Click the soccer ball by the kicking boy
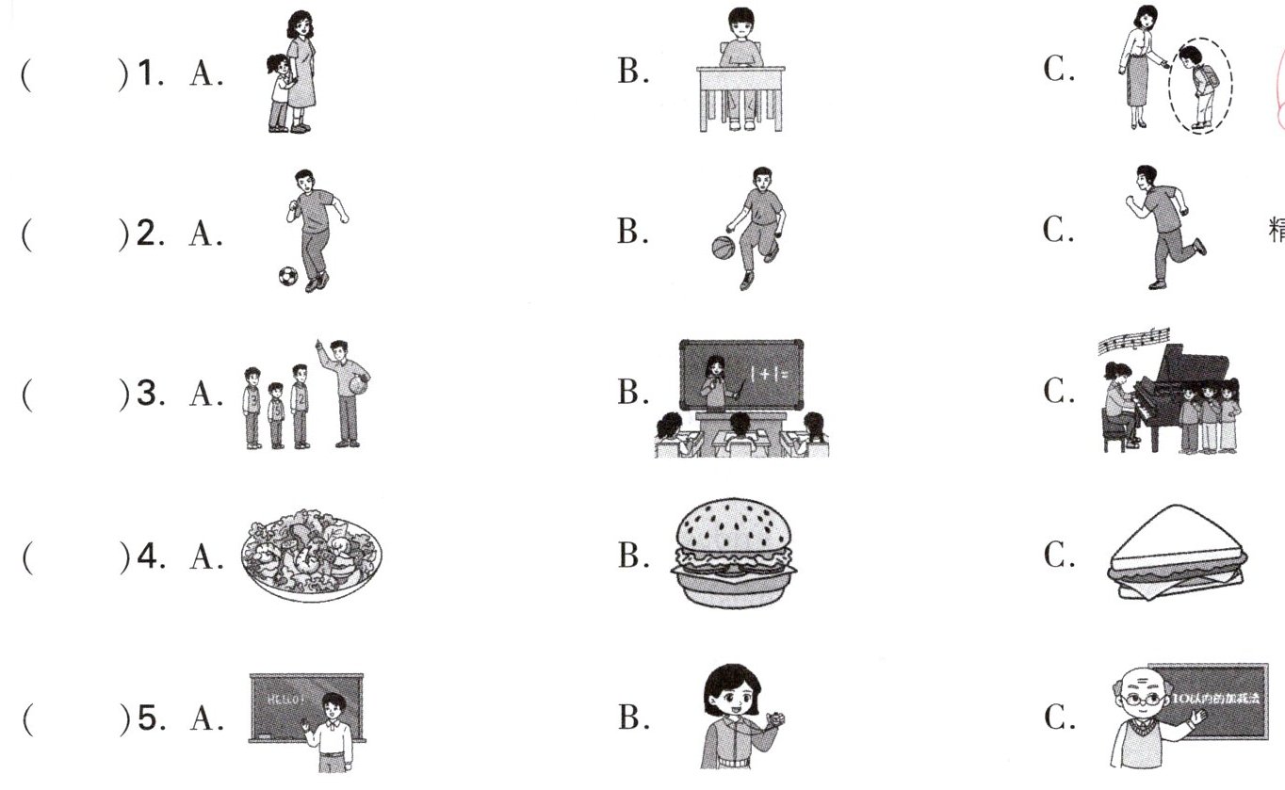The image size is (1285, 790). click(x=287, y=276)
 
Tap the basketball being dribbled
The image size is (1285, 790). click(x=723, y=248)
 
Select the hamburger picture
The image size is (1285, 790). click(x=733, y=554)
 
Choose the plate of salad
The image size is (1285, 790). click(x=312, y=555)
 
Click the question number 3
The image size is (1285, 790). click(x=146, y=395)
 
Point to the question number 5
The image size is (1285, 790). click(x=146, y=717)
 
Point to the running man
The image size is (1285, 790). click(x=1158, y=226)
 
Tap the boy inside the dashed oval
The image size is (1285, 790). click(x=1196, y=85)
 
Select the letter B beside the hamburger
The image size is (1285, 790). click(x=631, y=556)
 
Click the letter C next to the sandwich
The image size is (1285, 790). click(x=1058, y=556)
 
